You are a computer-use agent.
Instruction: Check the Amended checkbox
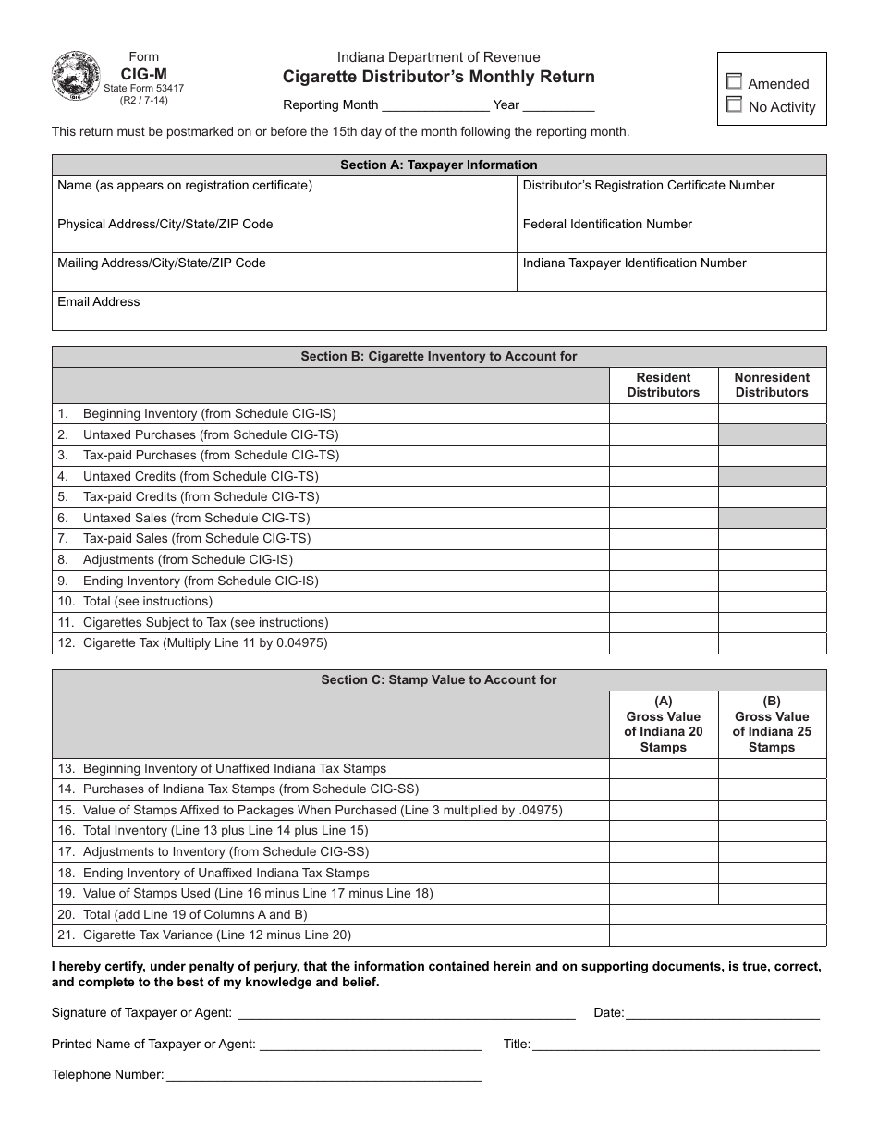735,82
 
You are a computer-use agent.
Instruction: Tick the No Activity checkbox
735,105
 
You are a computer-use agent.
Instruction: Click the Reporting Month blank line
435,104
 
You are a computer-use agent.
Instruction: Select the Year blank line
559,104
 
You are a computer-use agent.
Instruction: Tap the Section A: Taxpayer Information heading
439,165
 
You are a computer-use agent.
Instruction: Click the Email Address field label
99,302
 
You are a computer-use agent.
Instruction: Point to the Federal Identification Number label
607,225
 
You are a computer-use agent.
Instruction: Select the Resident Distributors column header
663,385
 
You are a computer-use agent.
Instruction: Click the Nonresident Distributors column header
772,385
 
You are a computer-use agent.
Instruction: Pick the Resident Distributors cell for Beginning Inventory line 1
663,414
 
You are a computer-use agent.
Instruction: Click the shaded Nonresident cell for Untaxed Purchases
772,434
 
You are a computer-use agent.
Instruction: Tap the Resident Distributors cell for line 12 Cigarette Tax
663,643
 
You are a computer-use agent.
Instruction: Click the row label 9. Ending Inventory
201,581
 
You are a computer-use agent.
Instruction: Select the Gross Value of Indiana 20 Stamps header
663,724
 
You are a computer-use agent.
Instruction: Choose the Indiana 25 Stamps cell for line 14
772,789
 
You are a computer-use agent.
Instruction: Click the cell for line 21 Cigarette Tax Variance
717,935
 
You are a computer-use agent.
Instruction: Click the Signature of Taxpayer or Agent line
407,1013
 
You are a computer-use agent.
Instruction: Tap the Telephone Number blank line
323,1075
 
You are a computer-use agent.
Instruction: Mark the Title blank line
676,1045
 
